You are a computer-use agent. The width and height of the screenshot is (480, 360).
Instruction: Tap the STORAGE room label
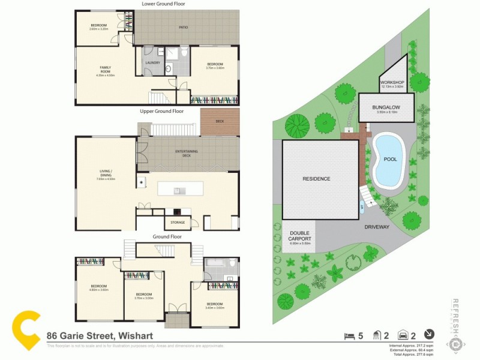click(x=178, y=223)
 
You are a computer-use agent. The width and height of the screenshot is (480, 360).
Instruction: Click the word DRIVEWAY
click(x=377, y=227)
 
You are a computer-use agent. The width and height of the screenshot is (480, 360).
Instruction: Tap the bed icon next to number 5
click(x=348, y=335)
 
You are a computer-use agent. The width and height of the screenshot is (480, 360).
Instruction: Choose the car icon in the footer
click(x=404, y=335)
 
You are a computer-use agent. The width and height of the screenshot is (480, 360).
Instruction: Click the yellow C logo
click(x=27, y=330)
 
